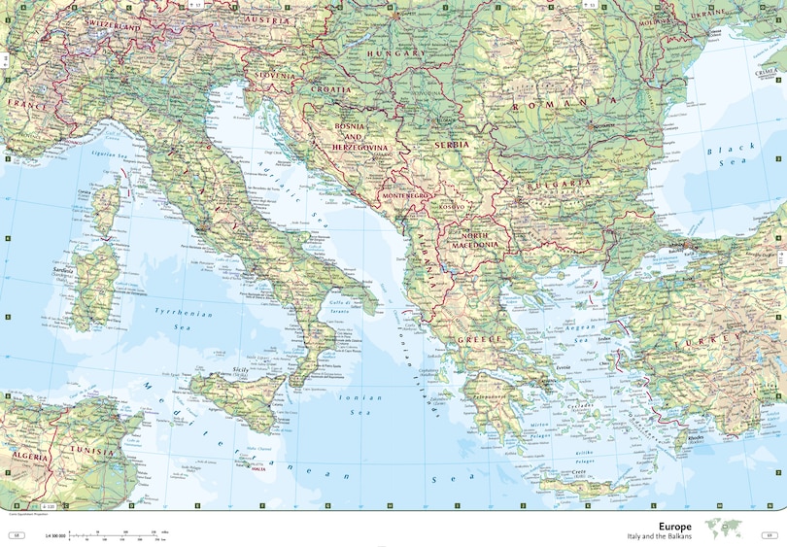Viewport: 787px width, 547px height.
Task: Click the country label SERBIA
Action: click(451, 145)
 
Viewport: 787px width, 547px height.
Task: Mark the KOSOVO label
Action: click(453, 206)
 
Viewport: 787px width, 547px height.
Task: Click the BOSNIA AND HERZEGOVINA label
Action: click(361, 137)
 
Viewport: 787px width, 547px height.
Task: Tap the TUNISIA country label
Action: click(102, 452)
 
